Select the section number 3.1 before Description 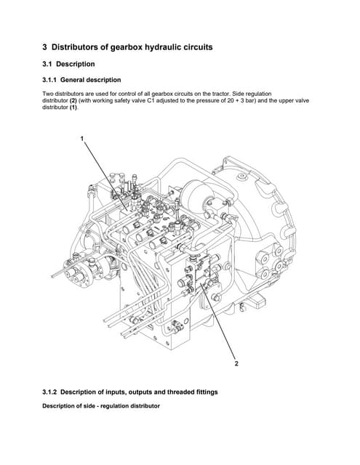[51, 64]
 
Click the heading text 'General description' [91, 80]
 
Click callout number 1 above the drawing [82, 138]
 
